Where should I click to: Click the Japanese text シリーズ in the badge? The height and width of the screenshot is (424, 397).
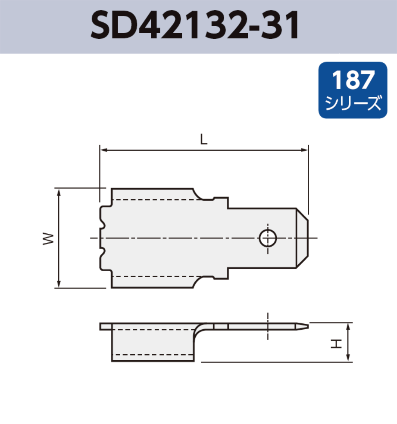(x=353, y=103)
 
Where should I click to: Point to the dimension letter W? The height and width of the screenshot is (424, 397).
(x=49, y=238)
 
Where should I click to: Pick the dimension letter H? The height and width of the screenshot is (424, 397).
(x=336, y=343)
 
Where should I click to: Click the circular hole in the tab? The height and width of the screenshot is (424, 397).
(x=267, y=238)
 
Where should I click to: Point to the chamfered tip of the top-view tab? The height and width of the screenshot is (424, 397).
(x=302, y=238)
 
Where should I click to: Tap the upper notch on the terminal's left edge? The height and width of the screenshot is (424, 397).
(x=103, y=224)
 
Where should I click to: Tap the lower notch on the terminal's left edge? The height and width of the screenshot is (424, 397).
(x=103, y=252)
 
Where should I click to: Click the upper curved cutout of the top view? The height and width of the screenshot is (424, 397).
(x=202, y=195)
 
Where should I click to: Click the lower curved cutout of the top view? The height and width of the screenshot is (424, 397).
(x=202, y=281)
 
